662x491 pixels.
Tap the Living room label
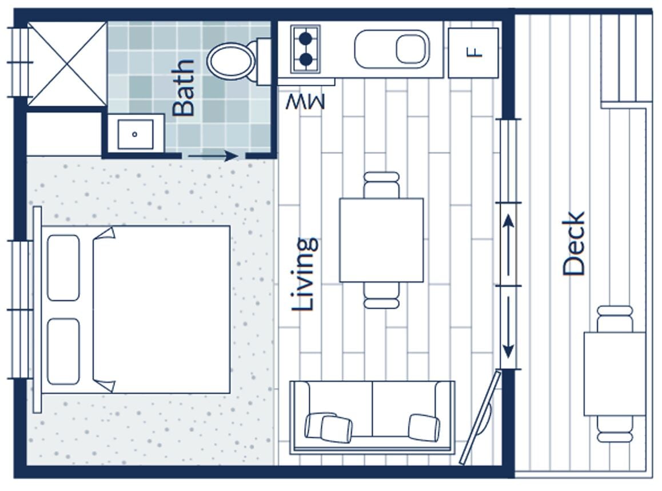coord(304,274)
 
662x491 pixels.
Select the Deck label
coord(573,244)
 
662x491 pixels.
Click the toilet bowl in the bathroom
coord(232,60)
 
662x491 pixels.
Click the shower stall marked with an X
coord(67,64)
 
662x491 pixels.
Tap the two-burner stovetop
coord(306,49)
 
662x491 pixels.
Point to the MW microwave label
coord(305,102)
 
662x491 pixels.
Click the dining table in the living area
coord(381,240)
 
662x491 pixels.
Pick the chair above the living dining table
coord(381,185)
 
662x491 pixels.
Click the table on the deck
coord(615,373)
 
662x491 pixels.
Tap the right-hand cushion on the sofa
coord(424,427)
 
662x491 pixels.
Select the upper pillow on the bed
coord(63,267)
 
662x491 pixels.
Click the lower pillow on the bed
coord(63,351)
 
